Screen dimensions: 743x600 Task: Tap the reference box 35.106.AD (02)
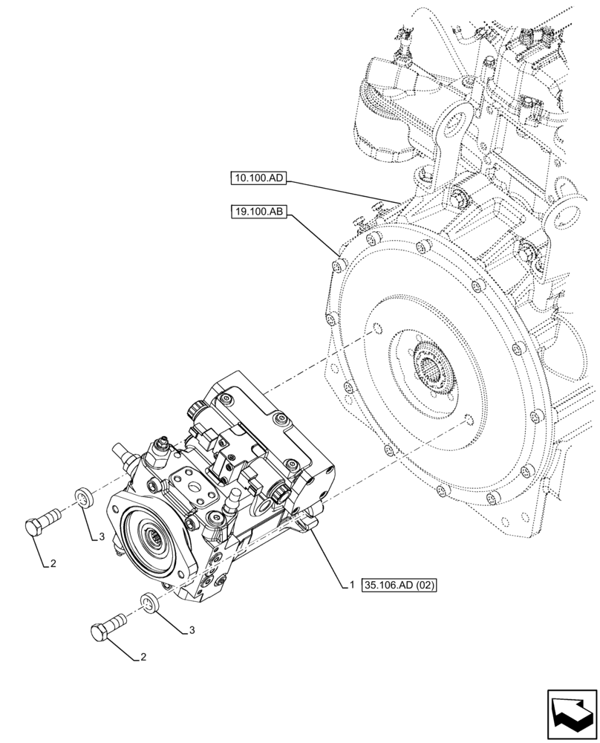pyautogui.click(x=399, y=585)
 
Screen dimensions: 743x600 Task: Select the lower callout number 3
pyautogui.click(x=192, y=630)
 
